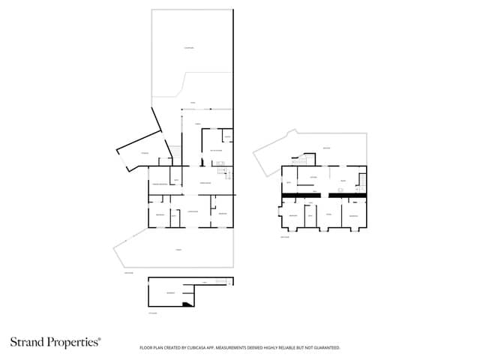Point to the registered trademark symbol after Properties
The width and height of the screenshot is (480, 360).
(100, 339)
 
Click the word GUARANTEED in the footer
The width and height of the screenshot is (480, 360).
(325, 348)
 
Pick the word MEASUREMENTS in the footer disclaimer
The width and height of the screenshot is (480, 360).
(241, 348)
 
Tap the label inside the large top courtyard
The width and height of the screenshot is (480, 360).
(189, 49)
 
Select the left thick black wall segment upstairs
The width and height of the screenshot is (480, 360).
(301, 196)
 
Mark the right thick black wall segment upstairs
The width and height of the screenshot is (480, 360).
(347, 196)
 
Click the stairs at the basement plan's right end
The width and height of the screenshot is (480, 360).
(222, 281)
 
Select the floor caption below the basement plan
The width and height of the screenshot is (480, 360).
(153, 313)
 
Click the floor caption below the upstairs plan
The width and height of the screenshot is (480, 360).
(285, 237)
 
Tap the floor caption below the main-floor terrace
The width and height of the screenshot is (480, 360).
(128, 272)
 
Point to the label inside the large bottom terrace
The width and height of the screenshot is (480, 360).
(178, 249)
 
